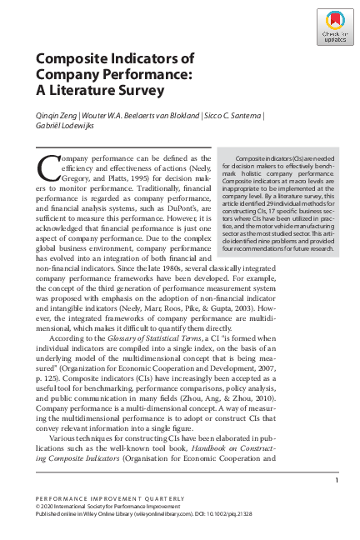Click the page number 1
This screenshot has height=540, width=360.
pos(335,480)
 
